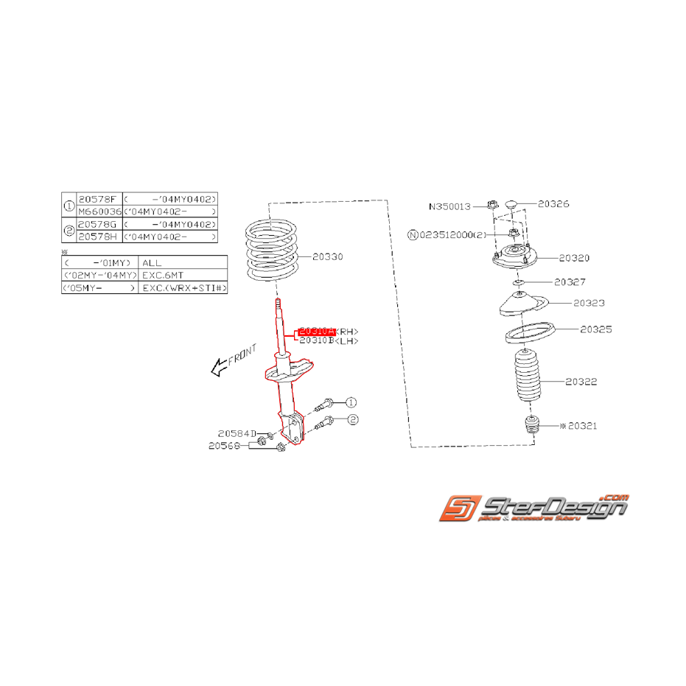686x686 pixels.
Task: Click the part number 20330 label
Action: pos(327,256)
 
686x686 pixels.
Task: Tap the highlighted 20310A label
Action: pos(315,331)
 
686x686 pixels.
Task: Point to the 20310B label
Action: pos(318,341)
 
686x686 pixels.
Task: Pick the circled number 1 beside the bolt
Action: pos(351,402)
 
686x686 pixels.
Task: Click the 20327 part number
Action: pos(570,281)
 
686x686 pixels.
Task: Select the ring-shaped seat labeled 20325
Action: pos(528,334)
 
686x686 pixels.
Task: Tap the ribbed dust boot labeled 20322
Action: pos(526,377)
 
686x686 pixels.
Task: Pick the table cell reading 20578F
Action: pos(97,200)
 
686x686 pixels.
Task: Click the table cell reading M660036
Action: pos(99,211)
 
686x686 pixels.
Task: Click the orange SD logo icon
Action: pos(461,508)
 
